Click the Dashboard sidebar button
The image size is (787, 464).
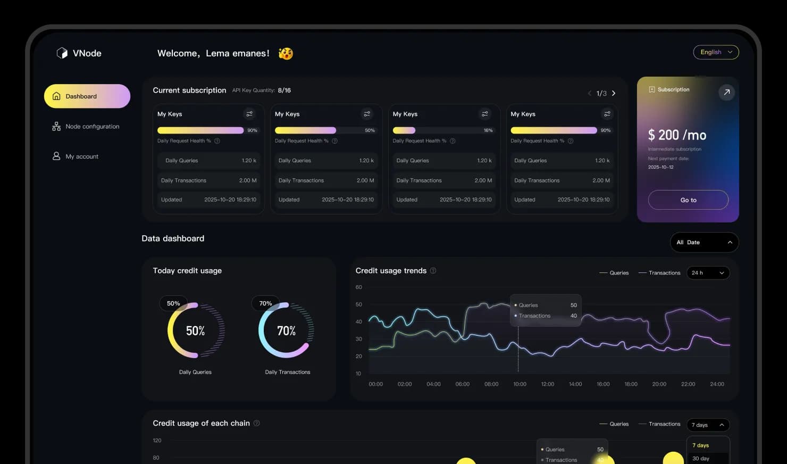pyautogui.click(x=87, y=96)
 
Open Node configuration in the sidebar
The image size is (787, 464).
pyautogui.click(x=86, y=127)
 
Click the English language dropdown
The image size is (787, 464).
pyautogui.click(x=716, y=52)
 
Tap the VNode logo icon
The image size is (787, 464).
pyautogui.click(x=62, y=53)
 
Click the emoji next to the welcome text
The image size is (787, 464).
pyautogui.click(x=286, y=53)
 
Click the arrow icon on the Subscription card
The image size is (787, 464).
pyautogui.click(x=726, y=92)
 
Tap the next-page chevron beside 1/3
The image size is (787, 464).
pyautogui.click(x=614, y=93)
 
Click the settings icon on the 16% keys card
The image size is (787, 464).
pyautogui.click(x=484, y=114)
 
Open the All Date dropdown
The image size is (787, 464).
pyautogui.click(x=704, y=242)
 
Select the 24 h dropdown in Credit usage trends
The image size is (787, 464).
pyautogui.click(x=708, y=273)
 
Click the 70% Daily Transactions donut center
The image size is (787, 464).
pyautogui.click(x=286, y=331)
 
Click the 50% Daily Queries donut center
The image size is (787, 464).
pyautogui.click(x=195, y=331)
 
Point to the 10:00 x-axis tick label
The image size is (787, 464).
pyautogui.click(x=520, y=384)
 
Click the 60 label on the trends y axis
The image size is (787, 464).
pyautogui.click(x=358, y=287)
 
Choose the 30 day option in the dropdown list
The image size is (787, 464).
pyautogui.click(x=701, y=458)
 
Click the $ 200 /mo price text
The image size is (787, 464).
pyautogui.click(x=677, y=135)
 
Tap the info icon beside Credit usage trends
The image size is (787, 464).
pyautogui.click(x=433, y=271)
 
